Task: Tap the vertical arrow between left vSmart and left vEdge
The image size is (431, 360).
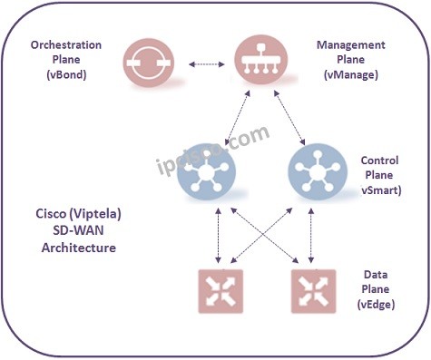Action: coord(215,233)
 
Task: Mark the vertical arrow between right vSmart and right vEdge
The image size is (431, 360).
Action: coord(312,233)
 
